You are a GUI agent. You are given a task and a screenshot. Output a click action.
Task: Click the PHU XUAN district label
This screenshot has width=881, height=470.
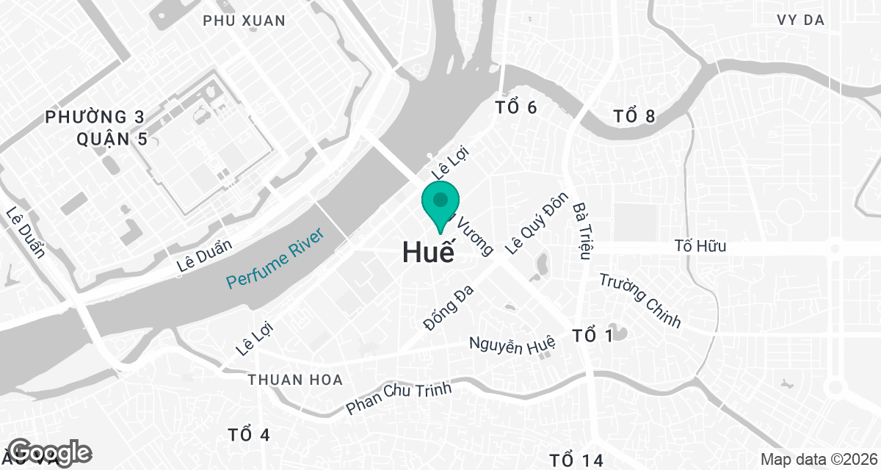(244, 21)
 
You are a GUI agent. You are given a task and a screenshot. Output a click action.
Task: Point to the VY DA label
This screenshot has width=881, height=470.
(800, 20)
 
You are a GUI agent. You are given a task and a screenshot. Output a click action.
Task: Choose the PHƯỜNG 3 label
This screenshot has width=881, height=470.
(95, 117)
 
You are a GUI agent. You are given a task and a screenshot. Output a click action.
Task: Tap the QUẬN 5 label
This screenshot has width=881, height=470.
(112, 138)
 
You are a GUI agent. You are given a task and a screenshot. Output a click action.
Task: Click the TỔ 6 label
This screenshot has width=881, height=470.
(516, 108)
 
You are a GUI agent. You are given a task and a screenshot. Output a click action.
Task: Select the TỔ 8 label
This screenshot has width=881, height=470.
(634, 116)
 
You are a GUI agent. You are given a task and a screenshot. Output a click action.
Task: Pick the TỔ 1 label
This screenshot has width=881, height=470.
(592, 336)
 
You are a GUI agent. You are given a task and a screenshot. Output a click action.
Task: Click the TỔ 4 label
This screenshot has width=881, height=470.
(249, 435)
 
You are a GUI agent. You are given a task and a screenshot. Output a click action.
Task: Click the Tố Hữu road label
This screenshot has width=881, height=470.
(700, 246)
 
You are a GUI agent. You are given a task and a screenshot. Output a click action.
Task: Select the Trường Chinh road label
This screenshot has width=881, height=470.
(639, 300)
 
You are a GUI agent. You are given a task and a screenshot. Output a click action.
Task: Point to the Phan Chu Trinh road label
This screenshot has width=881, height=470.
(399, 397)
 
